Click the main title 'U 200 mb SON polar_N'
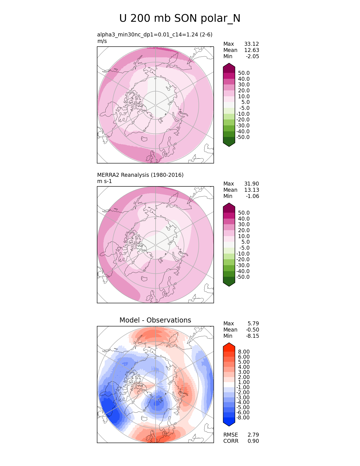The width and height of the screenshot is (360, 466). point(180,18)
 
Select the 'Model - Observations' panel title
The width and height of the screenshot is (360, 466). point(155,320)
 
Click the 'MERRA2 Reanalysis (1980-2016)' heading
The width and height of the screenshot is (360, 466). point(140,175)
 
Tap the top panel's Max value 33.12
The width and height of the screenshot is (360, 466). point(252,44)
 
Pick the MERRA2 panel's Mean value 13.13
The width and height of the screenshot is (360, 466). point(252,190)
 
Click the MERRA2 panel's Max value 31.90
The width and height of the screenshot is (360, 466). point(252,184)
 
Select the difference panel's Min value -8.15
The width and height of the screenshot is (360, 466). point(253,336)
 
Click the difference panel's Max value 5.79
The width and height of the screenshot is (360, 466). point(253,323)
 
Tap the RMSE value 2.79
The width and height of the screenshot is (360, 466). point(253,435)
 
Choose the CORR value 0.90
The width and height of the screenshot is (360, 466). point(253,441)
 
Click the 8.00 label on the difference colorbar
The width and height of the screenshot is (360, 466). point(244,352)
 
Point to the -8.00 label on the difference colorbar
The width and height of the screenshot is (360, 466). point(243,417)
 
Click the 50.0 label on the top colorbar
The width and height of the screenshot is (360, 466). point(244,73)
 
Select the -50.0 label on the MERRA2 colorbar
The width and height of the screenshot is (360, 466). point(243,277)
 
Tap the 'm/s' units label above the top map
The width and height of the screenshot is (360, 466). point(102,41)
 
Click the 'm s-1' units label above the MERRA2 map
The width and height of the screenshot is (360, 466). point(104,181)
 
